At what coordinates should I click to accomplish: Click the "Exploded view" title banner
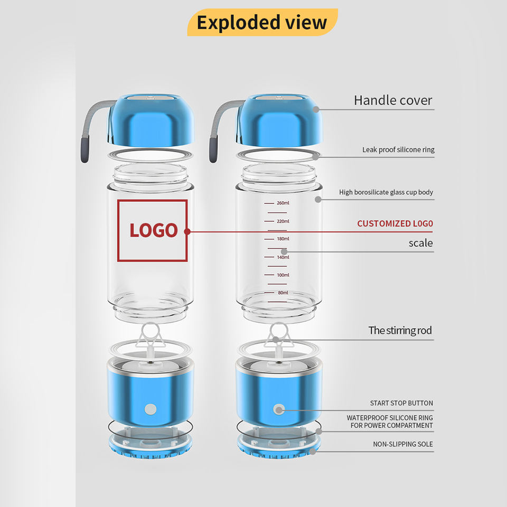tap(262, 23)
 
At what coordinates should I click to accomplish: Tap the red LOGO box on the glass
tap(152, 230)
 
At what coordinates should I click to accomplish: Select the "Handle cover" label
tap(393, 100)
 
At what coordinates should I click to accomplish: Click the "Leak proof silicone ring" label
tap(398, 149)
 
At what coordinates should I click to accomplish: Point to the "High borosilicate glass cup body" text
tap(386, 192)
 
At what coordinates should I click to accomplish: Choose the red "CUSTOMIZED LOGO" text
tap(395, 223)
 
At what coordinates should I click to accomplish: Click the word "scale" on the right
tap(420, 243)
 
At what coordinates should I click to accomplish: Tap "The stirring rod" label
tap(400, 331)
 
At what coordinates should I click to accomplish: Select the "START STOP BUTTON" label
tap(401, 403)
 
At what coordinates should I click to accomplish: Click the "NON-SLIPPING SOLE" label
tap(403, 444)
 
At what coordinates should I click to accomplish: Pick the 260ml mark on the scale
tap(283, 203)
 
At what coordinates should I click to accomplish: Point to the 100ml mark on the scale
tap(283, 275)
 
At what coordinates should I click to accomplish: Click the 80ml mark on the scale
tap(283, 293)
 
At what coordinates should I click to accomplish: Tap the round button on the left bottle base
tap(151, 409)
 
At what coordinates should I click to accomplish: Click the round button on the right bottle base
tap(278, 409)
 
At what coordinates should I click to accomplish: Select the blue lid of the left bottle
tap(152, 121)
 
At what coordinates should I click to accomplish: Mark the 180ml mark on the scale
tap(283, 239)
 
